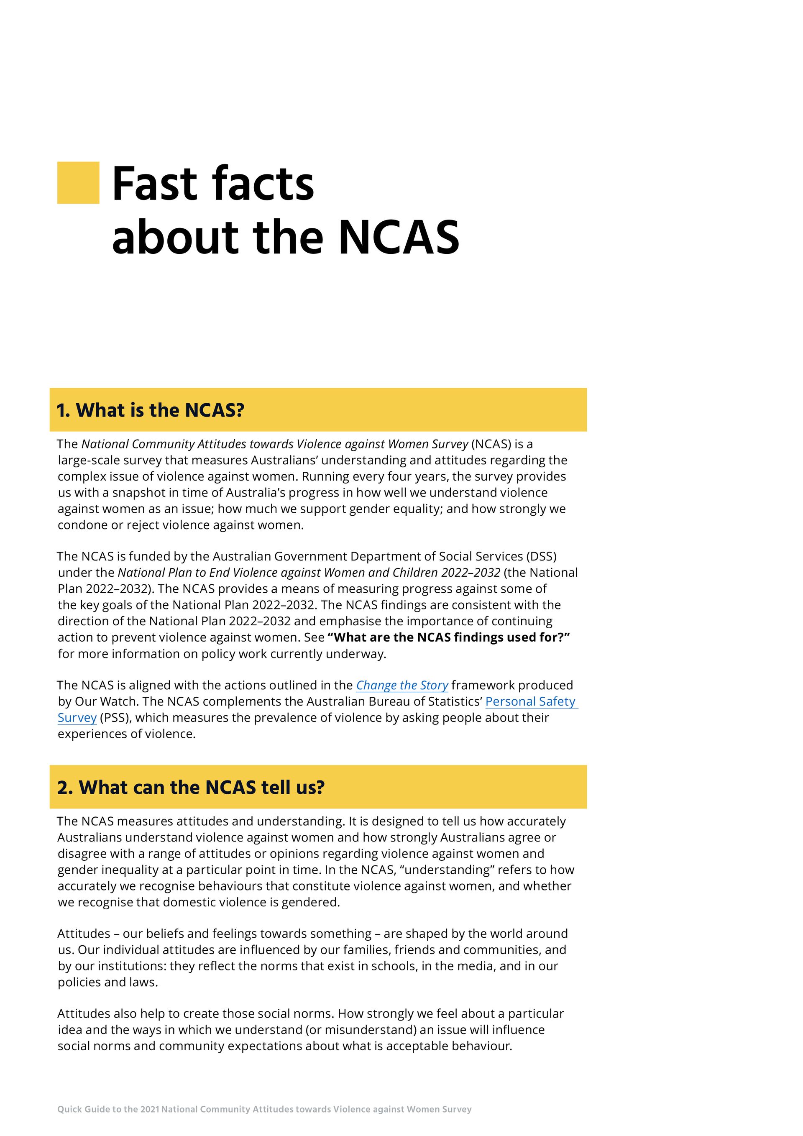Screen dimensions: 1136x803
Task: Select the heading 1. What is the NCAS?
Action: (x=151, y=410)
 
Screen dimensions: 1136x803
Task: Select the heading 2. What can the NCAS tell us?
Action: (x=190, y=787)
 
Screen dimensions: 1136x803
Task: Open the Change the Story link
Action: (x=402, y=685)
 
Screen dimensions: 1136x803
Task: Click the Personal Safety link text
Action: (x=530, y=701)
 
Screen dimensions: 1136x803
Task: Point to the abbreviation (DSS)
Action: (x=541, y=557)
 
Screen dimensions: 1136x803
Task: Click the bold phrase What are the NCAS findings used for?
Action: (x=449, y=637)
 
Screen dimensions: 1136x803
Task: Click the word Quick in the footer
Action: (x=68, y=1109)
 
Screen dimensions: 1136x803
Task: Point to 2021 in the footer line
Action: (x=149, y=1109)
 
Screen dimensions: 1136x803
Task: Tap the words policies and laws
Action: (x=107, y=982)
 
